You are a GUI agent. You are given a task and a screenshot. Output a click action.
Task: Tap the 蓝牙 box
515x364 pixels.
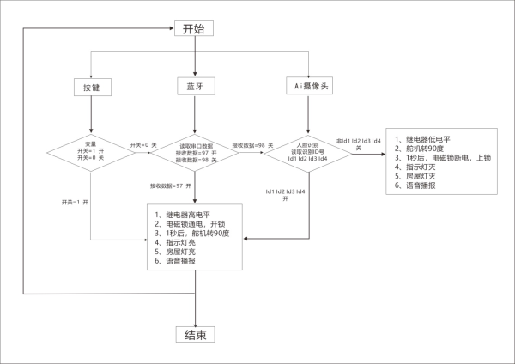196,88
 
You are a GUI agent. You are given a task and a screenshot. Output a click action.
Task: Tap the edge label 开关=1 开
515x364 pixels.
76,200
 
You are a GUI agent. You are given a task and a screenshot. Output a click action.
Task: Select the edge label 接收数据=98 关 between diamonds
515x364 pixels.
248,146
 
